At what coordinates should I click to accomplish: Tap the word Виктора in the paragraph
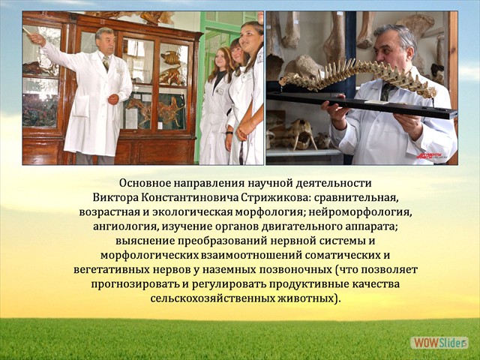point(112,197)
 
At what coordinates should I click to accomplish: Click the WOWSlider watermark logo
point(439,343)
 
